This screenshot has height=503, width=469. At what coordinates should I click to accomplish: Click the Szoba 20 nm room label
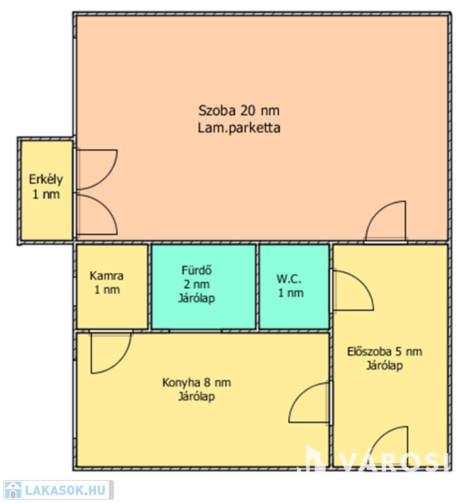(239, 111)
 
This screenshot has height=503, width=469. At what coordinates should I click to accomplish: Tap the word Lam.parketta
(239, 128)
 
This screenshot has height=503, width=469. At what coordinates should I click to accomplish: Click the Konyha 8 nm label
(197, 382)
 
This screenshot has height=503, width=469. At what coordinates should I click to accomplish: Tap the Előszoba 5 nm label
(385, 352)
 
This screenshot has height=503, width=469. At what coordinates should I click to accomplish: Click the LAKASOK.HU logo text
(65, 490)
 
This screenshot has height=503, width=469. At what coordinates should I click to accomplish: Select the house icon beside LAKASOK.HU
(13, 490)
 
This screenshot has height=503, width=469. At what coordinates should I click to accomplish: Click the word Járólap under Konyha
(197, 396)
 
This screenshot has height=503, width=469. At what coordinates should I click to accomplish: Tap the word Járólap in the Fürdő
(197, 299)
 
